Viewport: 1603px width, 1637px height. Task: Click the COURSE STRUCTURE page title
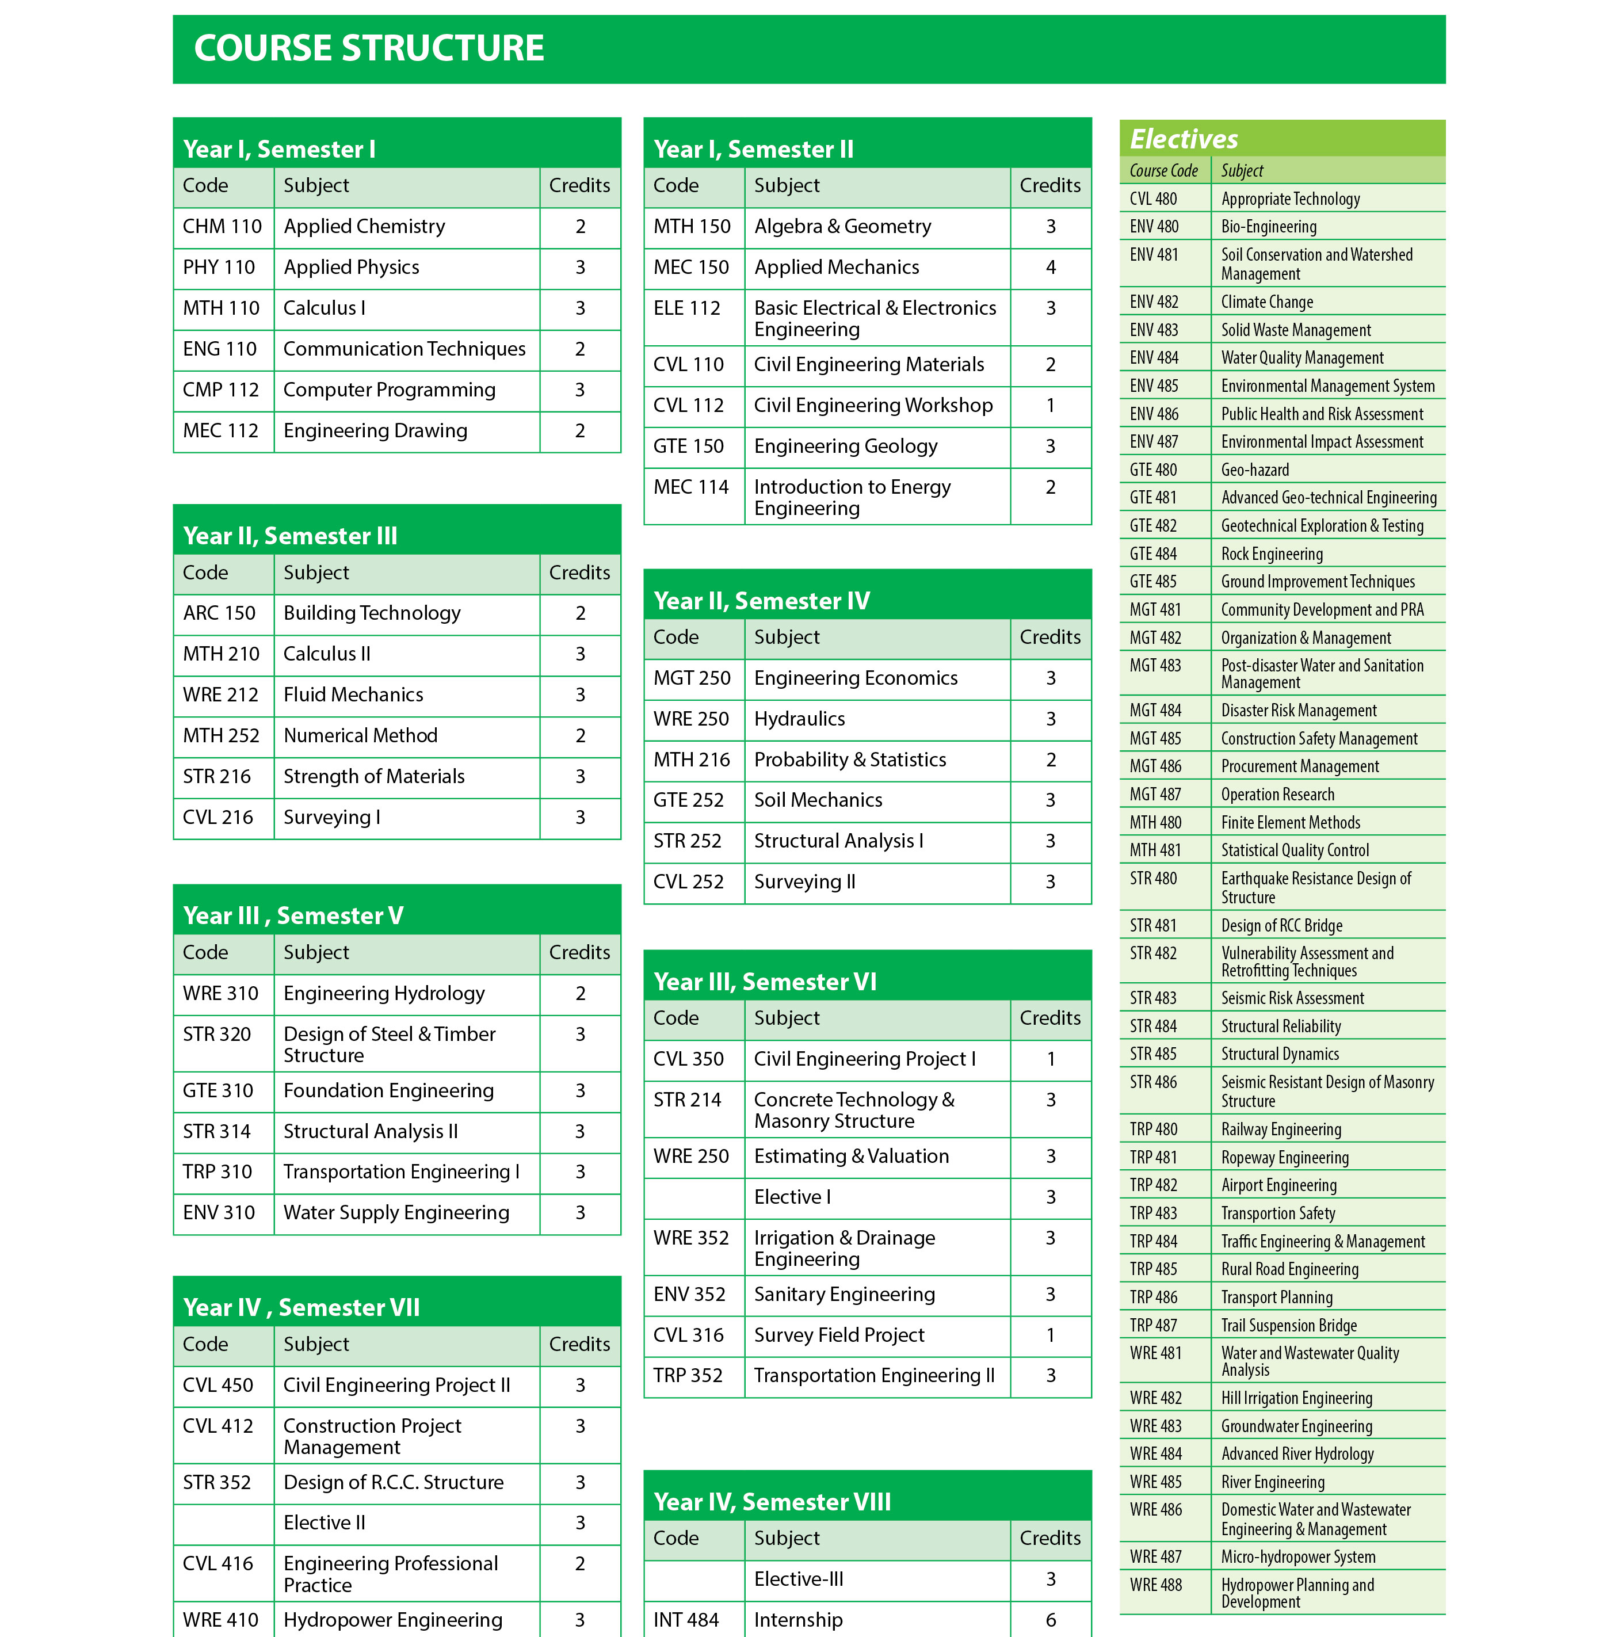(x=369, y=48)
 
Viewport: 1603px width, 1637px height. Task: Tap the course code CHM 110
(x=222, y=227)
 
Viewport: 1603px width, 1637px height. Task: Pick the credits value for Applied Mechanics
(x=1050, y=268)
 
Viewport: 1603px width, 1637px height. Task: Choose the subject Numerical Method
(x=360, y=736)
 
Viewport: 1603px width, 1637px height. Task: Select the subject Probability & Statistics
(x=849, y=760)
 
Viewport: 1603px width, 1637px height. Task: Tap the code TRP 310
(x=217, y=1172)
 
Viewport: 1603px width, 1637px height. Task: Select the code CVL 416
(x=217, y=1564)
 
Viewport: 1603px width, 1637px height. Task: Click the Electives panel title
(x=1183, y=139)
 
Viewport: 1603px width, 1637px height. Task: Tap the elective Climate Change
(x=1266, y=302)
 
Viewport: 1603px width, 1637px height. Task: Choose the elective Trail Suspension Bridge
(x=1288, y=1326)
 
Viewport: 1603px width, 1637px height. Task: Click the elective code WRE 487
(x=1155, y=1557)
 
